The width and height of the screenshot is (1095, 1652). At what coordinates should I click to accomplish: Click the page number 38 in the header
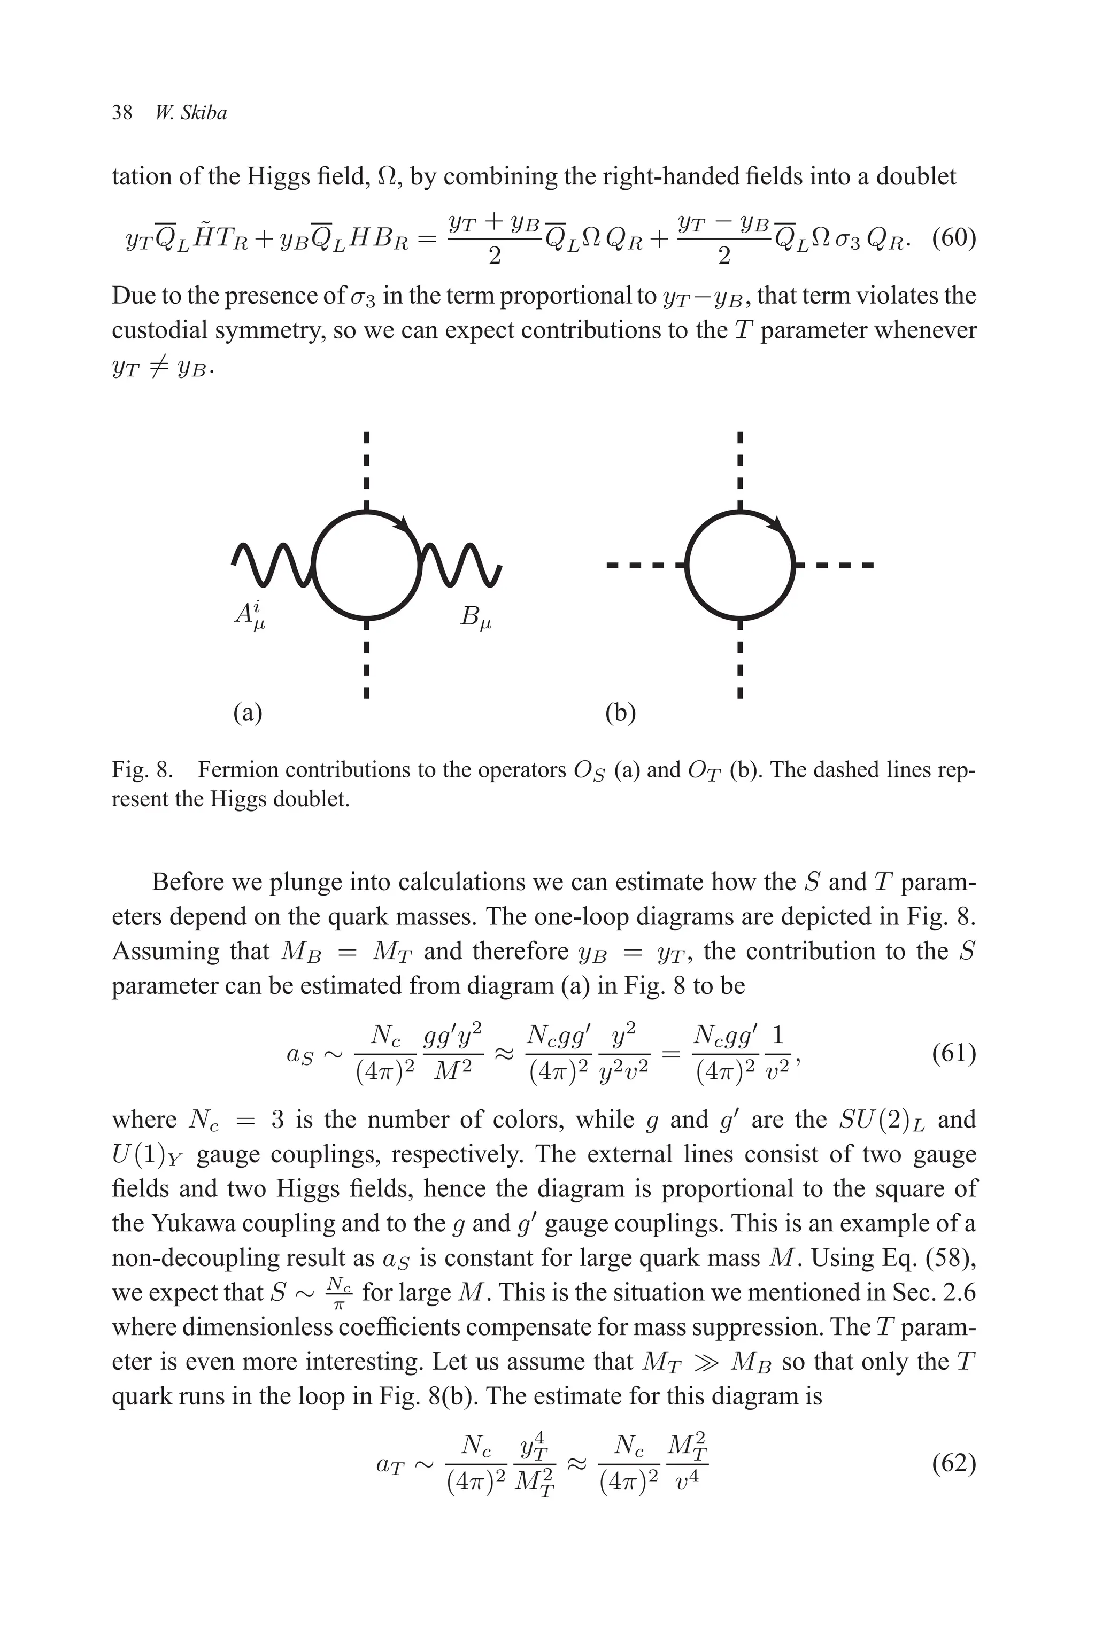click(x=122, y=113)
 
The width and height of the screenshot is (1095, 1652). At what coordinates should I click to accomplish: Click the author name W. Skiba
click(x=191, y=113)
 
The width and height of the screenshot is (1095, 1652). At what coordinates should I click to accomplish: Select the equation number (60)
click(x=953, y=237)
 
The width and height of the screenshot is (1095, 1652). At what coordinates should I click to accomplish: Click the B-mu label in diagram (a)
click(x=475, y=617)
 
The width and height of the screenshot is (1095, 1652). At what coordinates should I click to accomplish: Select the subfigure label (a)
click(x=247, y=712)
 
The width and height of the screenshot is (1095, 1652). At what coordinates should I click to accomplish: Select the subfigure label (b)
click(x=620, y=712)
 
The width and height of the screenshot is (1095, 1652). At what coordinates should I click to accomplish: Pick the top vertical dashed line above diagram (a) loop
click(x=366, y=468)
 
